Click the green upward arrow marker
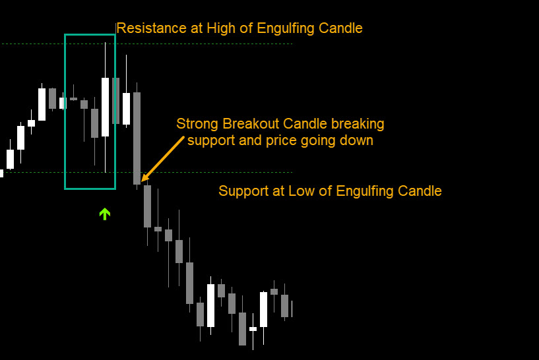point(105,214)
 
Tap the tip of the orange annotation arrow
point(142,181)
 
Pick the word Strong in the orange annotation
point(197,124)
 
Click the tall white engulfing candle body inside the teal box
point(105,107)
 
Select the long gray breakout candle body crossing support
point(137,138)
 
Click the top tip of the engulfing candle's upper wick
point(105,43)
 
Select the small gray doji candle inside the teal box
point(73,99)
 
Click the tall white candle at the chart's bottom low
point(210,305)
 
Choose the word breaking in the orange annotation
point(358,124)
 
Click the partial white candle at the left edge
point(2,173)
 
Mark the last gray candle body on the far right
point(284,306)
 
